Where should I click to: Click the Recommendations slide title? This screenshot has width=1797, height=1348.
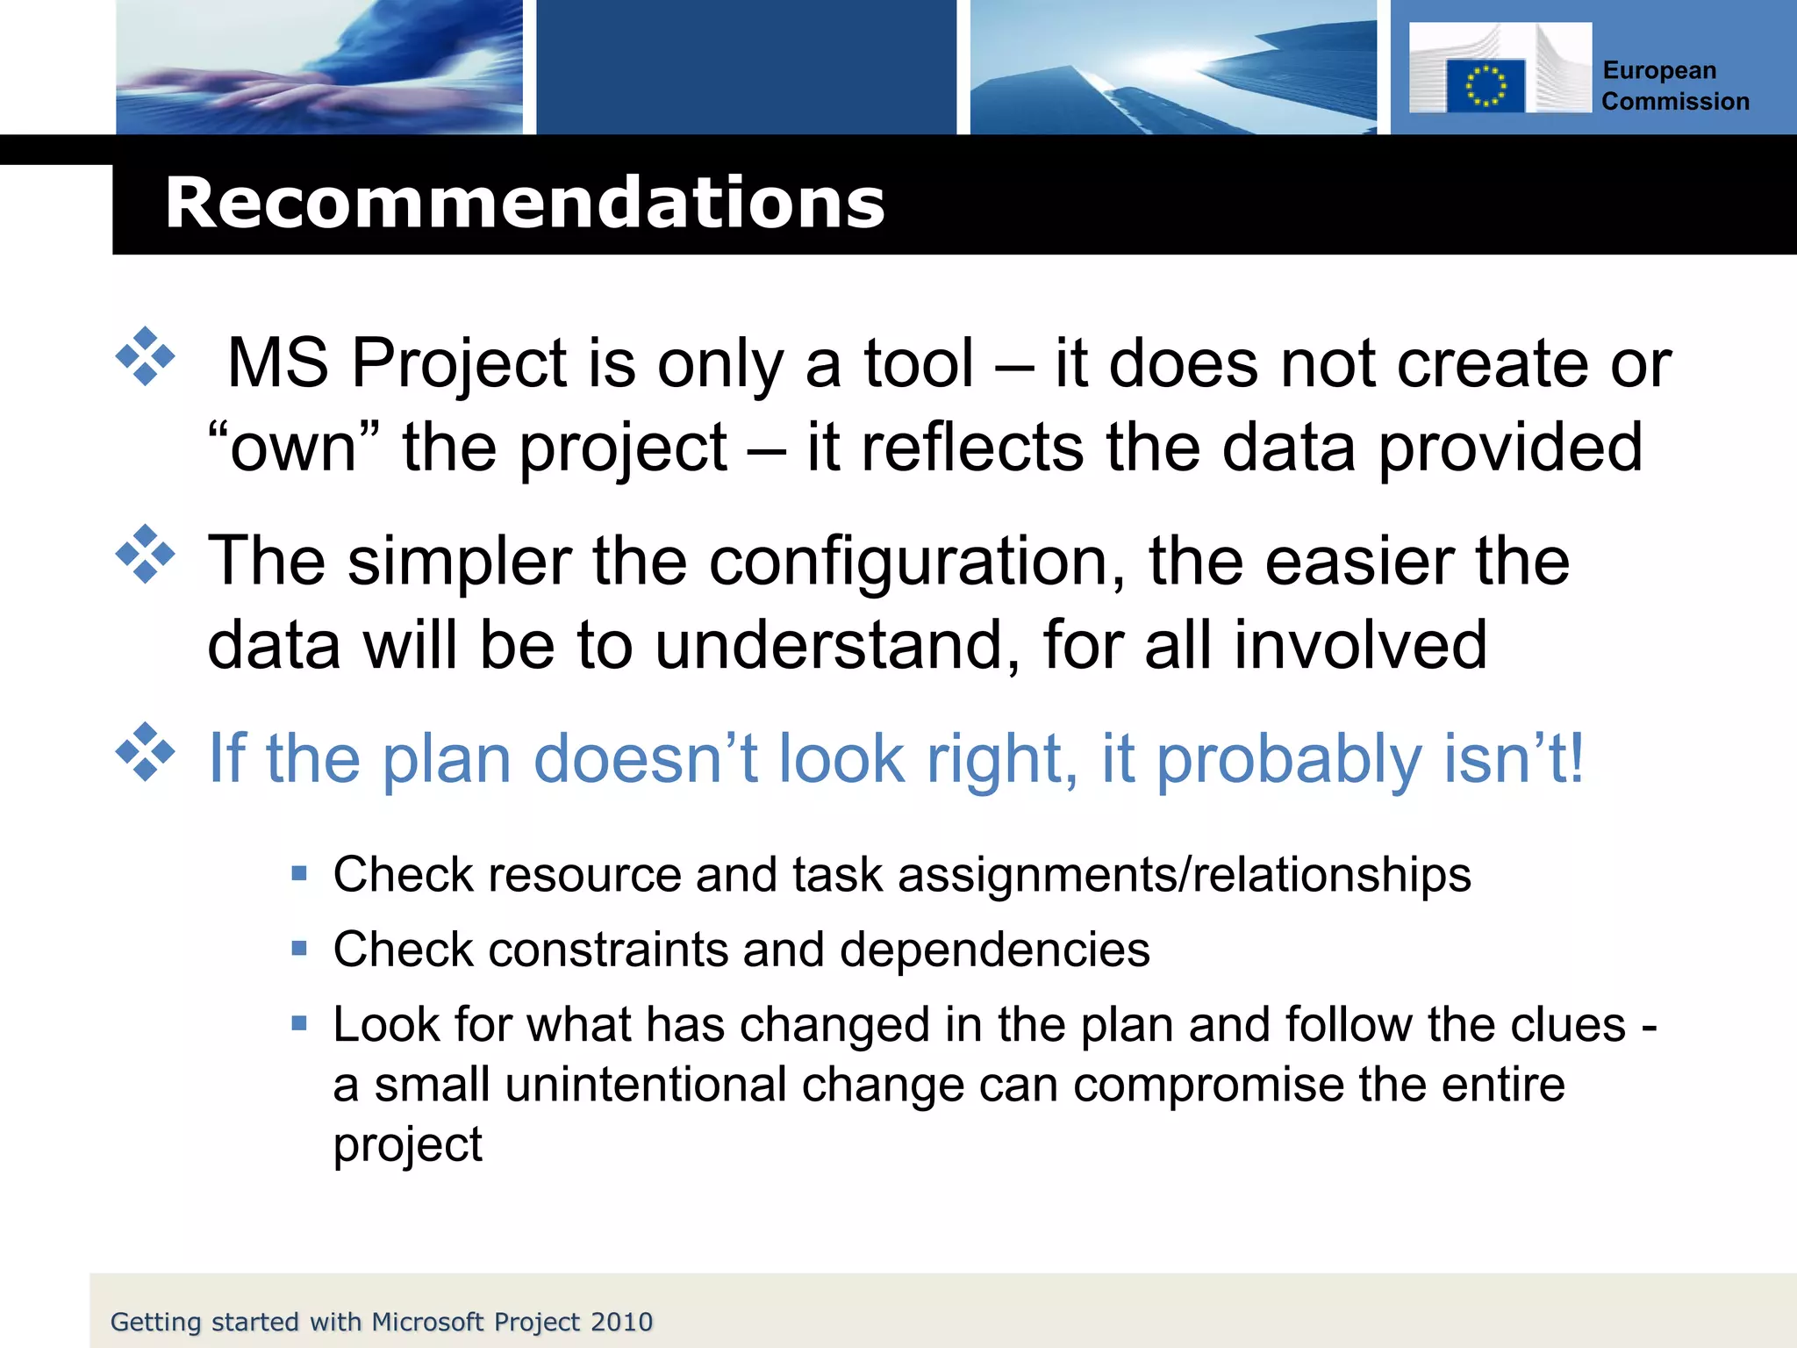point(525,204)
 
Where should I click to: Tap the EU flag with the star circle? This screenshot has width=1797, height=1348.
point(1486,86)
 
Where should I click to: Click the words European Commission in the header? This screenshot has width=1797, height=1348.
point(1674,86)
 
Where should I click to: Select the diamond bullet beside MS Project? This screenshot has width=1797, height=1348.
point(146,357)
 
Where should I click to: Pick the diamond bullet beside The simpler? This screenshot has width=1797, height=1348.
point(146,555)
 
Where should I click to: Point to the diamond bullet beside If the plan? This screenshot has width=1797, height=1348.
point(146,752)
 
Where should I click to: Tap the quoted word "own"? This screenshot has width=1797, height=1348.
point(293,448)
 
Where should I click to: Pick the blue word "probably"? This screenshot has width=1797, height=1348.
point(1288,759)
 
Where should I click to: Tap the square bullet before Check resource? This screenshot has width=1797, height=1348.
point(299,873)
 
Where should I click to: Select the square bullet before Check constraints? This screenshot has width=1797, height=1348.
point(299,948)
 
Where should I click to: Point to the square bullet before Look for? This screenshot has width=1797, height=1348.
point(299,1022)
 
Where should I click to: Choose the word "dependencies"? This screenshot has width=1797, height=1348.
point(994,950)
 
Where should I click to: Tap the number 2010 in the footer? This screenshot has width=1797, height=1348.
point(621,1322)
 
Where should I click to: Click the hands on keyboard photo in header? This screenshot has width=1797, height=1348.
point(319,67)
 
